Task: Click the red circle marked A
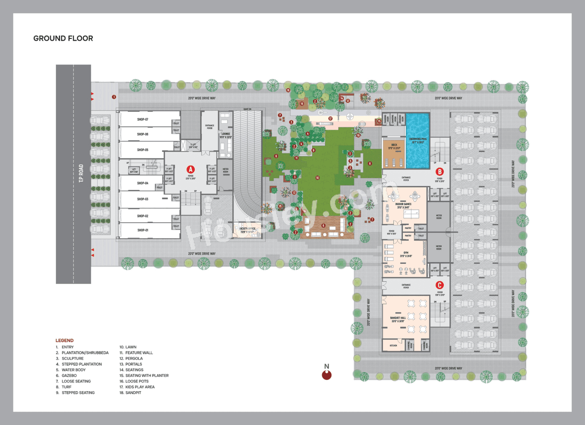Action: point(191,169)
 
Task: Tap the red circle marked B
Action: point(439,172)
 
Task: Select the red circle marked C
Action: point(439,285)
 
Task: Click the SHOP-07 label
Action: point(143,119)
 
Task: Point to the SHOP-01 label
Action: point(143,230)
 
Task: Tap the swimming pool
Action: point(418,142)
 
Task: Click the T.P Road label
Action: point(81,173)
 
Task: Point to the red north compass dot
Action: point(326,375)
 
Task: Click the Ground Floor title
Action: point(63,38)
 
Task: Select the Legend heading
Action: point(64,341)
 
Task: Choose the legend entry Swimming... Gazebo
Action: point(69,376)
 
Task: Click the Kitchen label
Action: point(394,346)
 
